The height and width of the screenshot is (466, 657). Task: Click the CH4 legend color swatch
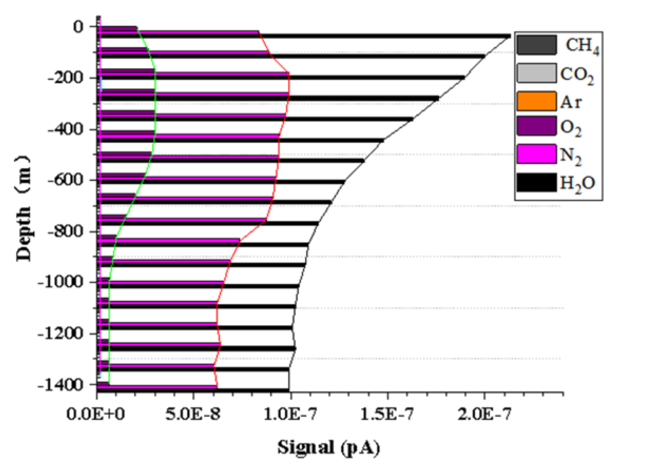tap(536, 45)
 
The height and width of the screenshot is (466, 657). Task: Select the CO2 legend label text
tap(577, 73)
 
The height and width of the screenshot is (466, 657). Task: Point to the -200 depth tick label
tap(67, 77)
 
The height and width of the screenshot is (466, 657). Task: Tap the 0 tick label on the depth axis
tap(76, 26)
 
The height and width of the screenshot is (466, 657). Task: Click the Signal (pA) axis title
tap(330, 447)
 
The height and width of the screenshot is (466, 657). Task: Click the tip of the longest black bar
tap(510, 35)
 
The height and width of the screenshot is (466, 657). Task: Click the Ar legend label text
tap(571, 101)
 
